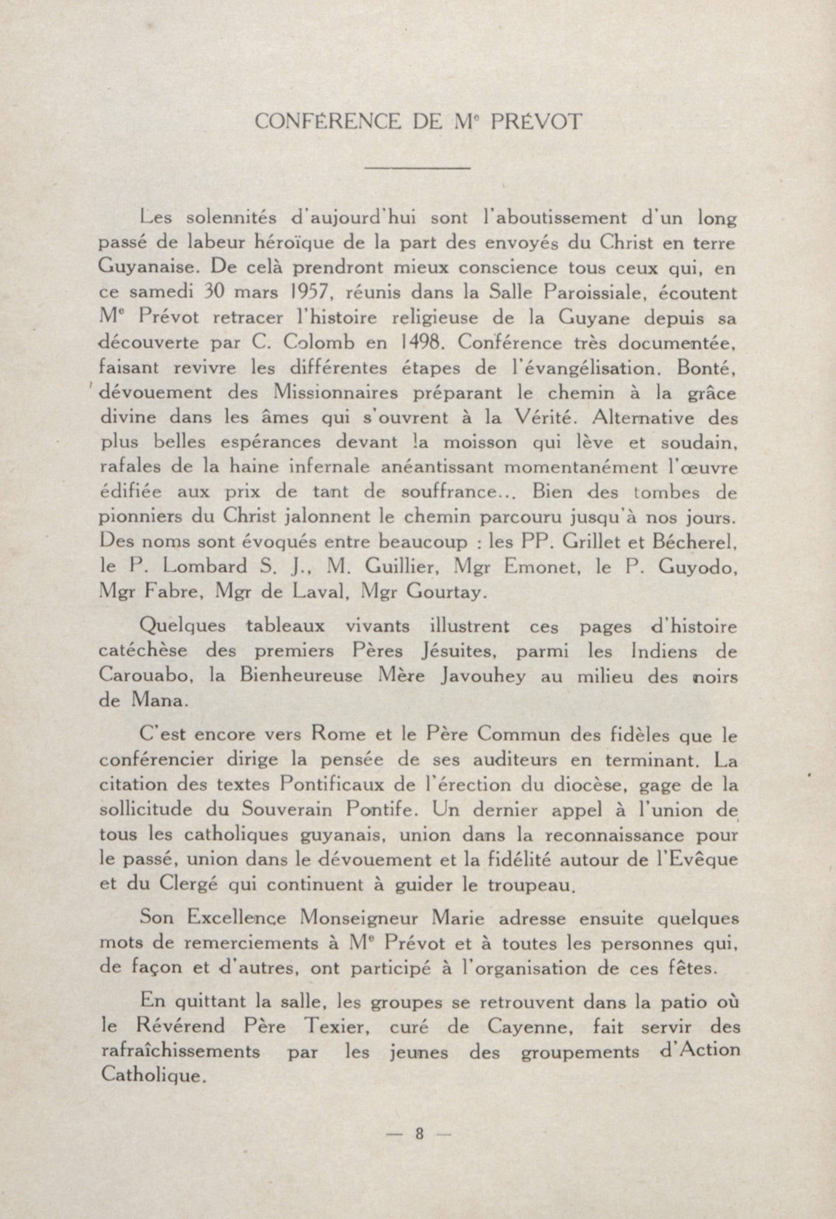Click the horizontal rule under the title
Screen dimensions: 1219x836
[417, 168]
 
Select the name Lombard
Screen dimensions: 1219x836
[205, 567]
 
